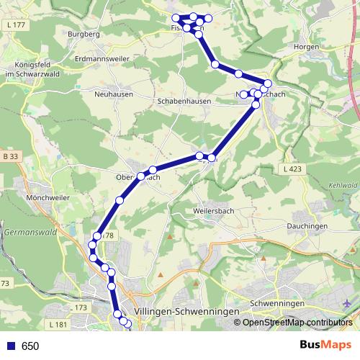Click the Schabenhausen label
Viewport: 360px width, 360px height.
pyautogui.click(x=184, y=102)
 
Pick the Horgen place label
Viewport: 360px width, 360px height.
pyautogui.click(x=306, y=46)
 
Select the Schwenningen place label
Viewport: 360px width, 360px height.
pyautogui.click(x=277, y=305)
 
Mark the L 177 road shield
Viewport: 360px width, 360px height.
pyautogui.click(x=14, y=24)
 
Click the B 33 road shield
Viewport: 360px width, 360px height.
pyautogui.click(x=10, y=156)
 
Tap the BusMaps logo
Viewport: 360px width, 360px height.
pyautogui.click(x=325, y=345)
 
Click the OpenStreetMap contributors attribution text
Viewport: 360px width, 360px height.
pyautogui.click(x=297, y=323)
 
